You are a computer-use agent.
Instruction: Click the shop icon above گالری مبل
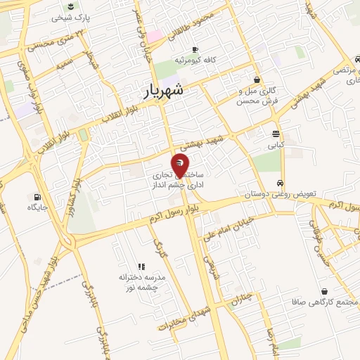[257, 80]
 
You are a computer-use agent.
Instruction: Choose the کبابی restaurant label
[275, 147]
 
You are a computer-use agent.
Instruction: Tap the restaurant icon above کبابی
[275, 134]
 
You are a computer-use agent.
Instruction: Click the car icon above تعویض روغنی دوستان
[281, 181]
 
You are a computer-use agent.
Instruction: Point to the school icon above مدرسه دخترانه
[141, 266]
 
